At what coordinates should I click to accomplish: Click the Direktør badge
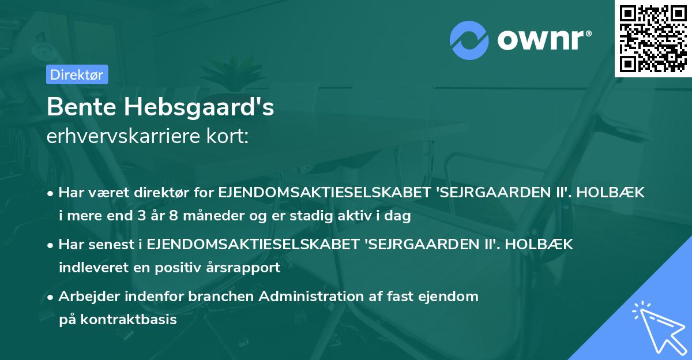tap(77, 74)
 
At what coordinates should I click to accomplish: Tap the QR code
tap(653, 38)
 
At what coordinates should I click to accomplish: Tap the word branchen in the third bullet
tap(229, 297)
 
